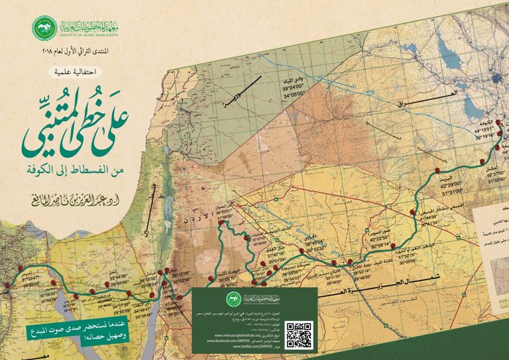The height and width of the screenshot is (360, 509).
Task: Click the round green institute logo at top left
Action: point(44,27)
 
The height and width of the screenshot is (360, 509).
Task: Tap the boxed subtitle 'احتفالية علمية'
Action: point(77,71)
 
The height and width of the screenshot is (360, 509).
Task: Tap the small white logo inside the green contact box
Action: point(233,298)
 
